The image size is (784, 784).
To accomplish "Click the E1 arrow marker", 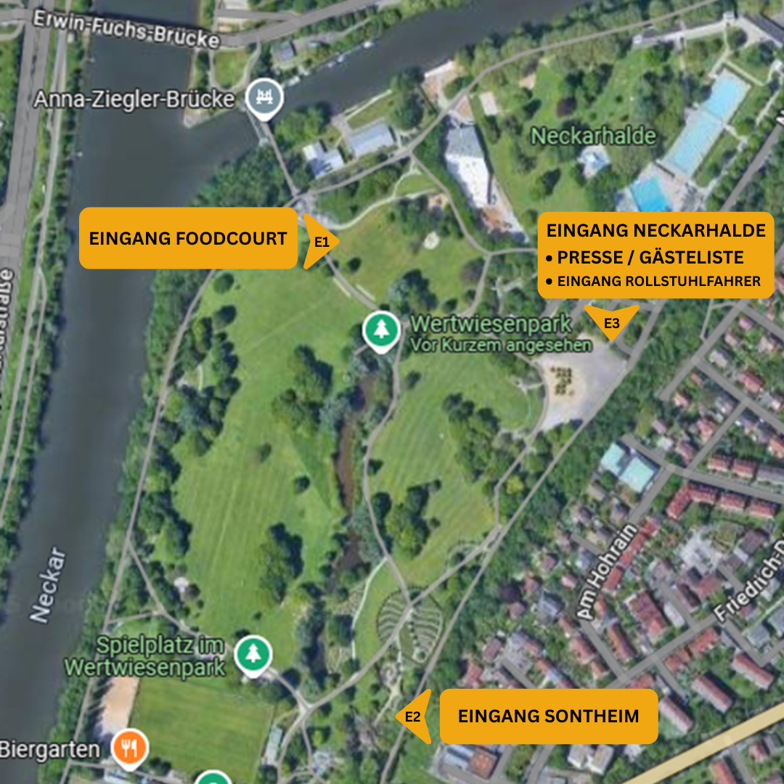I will pyautogui.click(x=321, y=242).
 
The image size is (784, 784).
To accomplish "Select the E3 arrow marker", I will pyautogui.click(x=611, y=321).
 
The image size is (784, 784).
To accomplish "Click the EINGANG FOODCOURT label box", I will pyautogui.click(x=188, y=238).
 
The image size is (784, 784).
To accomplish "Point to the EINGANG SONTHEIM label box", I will pyautogui.click(x=549, y=716).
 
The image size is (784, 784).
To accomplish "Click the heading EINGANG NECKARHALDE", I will pyautogui.click(x=656, y=231).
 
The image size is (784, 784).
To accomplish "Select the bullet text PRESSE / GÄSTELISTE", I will pyautogui.click(x=650, y=257).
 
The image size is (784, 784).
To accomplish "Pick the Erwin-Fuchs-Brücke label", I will pyautogui.click(x=125, y=28).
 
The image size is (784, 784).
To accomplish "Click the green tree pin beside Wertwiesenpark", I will pyautogui.click(x=381, y=330).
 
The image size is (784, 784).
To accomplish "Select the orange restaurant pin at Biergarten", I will pyautogui.click(x=130, y=748).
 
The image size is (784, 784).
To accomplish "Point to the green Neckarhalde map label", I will pyautogui.click(x=593, y=136).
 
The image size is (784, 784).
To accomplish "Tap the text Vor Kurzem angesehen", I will pyautogui.click(x=501, y=346).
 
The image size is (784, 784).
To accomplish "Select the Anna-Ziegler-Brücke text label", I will pyautogui.click(x=135, y=99).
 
